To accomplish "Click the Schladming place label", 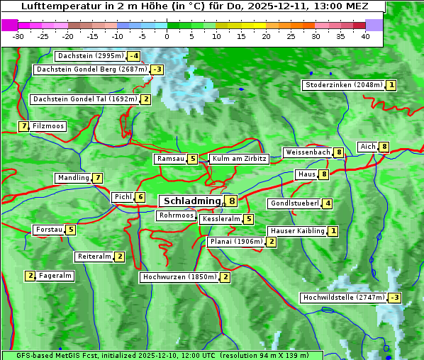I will click(192, 201).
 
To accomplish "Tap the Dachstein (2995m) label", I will click(90, 56).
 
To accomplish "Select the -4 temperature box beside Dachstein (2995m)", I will click(133, 56).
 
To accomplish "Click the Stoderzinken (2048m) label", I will click(343, 85).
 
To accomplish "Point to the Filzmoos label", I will click(48, 126).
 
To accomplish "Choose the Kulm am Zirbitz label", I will click(239, 159).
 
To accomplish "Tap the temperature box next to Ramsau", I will click(193, 159).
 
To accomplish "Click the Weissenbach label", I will click(307, 152).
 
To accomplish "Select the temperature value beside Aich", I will click(384, 147).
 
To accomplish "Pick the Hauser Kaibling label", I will click(297, 231).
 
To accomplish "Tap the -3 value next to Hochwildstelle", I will click(394, 298).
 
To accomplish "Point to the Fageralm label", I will click(55, 276).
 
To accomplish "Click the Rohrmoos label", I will click(176, 215).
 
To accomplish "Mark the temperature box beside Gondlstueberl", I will click(327, 203).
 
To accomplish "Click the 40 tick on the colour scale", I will click(365, 36).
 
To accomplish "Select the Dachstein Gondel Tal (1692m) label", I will click(84, 99).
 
